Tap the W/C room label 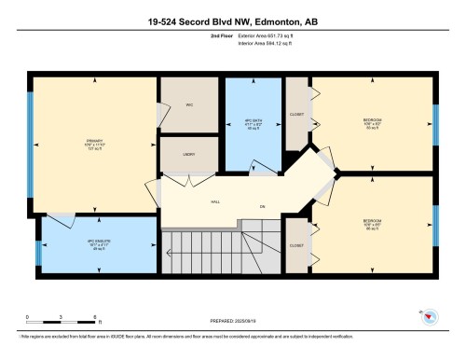189,105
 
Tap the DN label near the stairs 263,204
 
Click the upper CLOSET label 296,116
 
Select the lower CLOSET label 296,246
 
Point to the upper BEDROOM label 372,121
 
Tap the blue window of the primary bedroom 31,144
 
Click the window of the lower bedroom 435,224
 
